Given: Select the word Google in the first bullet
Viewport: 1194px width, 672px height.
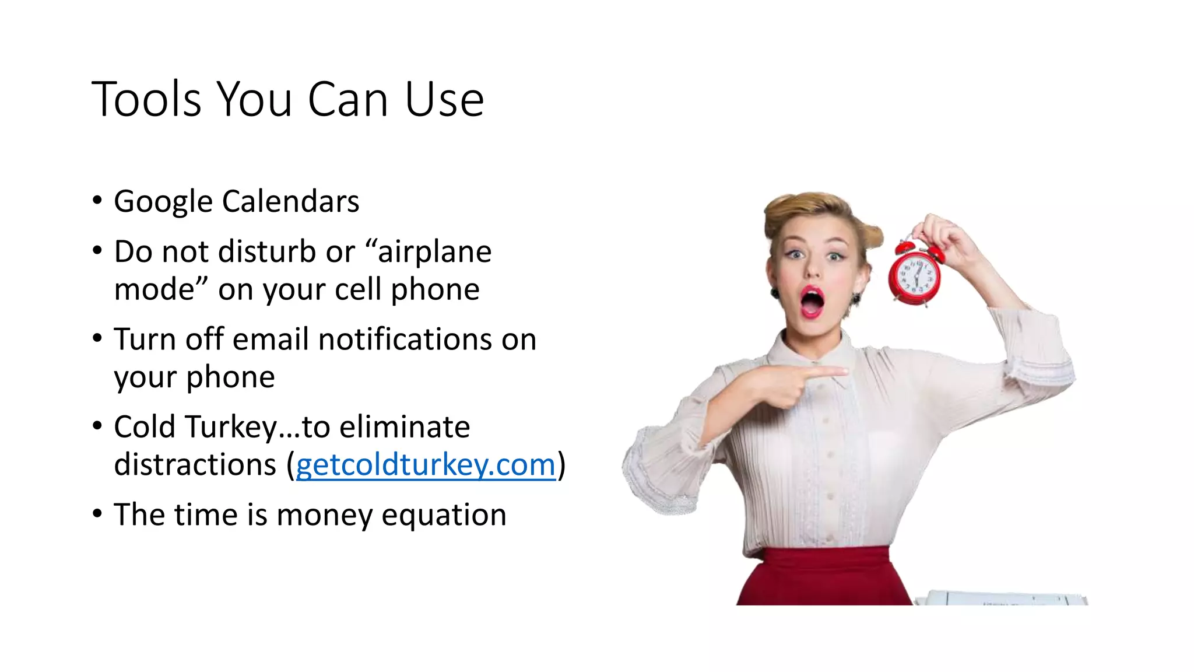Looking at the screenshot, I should pos(163,202).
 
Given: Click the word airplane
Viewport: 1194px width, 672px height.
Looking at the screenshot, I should pos(434,253).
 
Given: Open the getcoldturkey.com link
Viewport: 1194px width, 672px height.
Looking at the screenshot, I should pos(426,465).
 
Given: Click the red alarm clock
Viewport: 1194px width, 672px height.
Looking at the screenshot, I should pos(914,275).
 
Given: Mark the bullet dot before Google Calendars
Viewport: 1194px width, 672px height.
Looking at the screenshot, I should pos(97,201).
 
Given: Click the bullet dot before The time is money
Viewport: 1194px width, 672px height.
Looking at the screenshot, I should pos(97,514).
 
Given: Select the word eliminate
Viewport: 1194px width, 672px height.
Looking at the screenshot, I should pos(405,427).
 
